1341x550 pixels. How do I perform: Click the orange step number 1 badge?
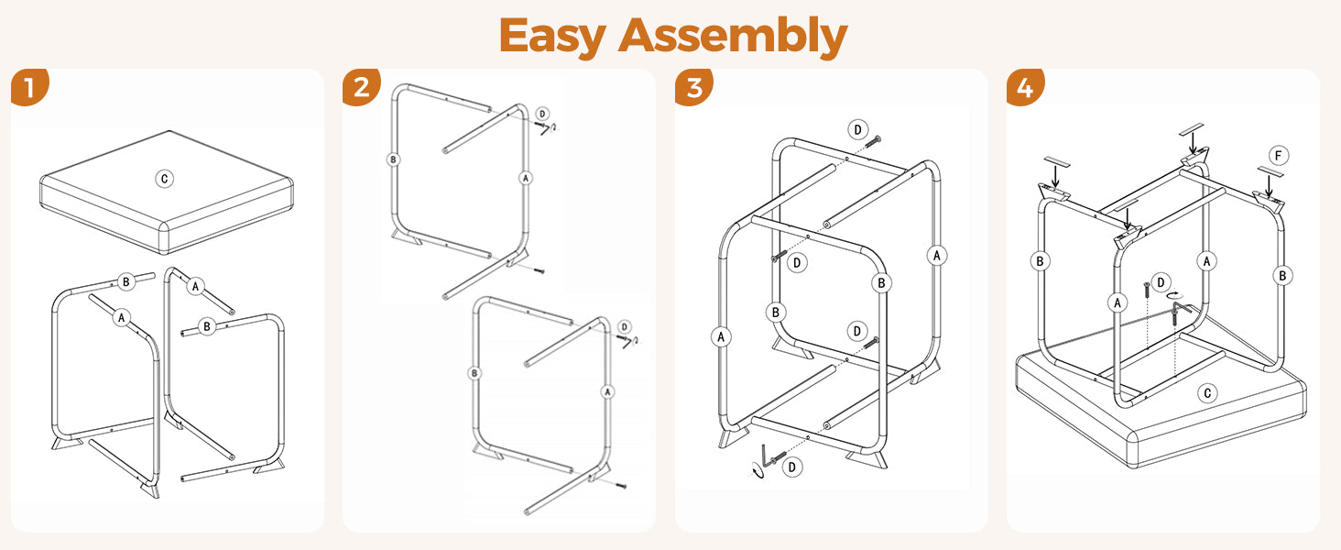[28, 87]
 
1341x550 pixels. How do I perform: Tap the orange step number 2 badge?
[361, 87]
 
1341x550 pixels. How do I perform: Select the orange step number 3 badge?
[693, 87]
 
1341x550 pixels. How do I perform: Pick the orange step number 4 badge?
[1025, 87]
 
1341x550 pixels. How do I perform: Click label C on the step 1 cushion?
[165, 179]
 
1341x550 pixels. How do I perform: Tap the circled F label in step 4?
[1279, 157]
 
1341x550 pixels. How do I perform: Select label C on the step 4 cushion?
[1207, 393]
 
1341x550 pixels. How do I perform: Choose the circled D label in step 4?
[1161, 282]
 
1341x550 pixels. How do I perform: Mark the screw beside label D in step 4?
[1147, 291]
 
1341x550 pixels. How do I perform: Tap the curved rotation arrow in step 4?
[1176, 295]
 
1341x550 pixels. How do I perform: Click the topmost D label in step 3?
[858, 129]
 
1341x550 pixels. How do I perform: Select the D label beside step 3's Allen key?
[792, 467]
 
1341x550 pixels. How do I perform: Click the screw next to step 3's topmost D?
[874, 141]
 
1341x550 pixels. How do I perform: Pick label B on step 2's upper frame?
[393, 159]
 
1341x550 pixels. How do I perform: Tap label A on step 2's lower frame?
[607, 391]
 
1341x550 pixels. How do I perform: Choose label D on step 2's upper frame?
[542, 114]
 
